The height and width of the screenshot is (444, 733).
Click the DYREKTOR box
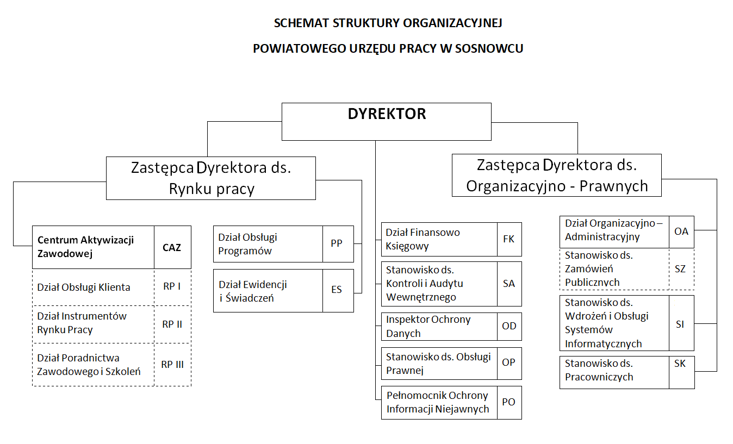pyautogui.click(x=386, y=121)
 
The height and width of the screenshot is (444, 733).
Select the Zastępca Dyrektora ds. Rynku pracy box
pyautogui.click(x=211, y=178)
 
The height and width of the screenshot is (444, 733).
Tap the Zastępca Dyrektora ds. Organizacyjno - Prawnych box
pyautogui.click(x=557, y=175)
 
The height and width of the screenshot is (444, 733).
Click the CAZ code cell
pyautogui.click(x=172, y=247)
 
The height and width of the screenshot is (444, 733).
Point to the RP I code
pyautogui.click(x=172, y=287)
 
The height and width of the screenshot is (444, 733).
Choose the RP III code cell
pyautogui.click(x=172, y=365)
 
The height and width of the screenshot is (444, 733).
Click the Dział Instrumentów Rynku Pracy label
pyautogui.click(x=82, y=323)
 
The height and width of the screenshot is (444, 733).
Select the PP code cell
pyautogui.click(x=337, y=243)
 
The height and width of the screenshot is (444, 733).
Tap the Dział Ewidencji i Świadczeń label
pyautogui.click(x=253, y=291)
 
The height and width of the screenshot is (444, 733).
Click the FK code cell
pyautogui.click(x=509, y=239)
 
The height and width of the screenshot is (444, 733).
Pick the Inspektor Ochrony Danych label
pyautogui.click(x=428, y=326)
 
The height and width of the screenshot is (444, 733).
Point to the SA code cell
pyautogui.click(x=509, y=284)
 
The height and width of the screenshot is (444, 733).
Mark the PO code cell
pyautogui.click(x=509, y=402)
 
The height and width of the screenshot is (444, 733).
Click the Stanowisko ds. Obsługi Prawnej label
pyautogui.click(x=438, y=364)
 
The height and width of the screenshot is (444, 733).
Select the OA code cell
pyautogui.click(x=681, y=231)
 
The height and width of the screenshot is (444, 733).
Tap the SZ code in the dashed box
pyautogui.click(x=680, y=269)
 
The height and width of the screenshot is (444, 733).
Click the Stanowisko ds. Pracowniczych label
pyautogui.click(x=599, y=370)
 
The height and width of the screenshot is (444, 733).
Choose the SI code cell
pyautogui.click(x=680, y=324)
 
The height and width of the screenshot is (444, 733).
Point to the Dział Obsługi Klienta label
pyautogui.click(x=84, y=287)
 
